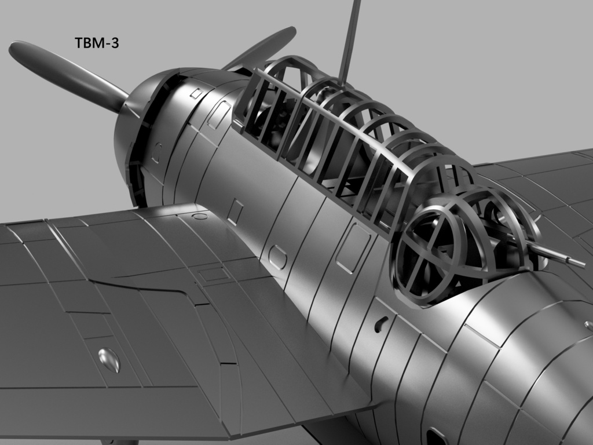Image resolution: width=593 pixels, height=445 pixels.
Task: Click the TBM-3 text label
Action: click(x=97, y=42)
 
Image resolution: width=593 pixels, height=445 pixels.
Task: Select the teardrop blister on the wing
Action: click(x=109, y=360)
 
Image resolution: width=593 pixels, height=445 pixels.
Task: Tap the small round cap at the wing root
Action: click(x=200, y=216)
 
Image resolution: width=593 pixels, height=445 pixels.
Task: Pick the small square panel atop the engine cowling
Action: click(x=196, y=93)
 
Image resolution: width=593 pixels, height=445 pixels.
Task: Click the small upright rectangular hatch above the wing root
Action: click(x=235, y=211)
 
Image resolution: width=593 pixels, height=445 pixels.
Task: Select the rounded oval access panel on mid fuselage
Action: click(x=277, y=257)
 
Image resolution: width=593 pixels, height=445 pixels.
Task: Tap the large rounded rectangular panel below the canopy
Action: click(x=353, y=248)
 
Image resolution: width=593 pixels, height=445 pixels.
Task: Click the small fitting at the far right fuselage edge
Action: click(x=589, y=326)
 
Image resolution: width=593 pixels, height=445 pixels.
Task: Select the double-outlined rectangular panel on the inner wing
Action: click(x=213, y=273)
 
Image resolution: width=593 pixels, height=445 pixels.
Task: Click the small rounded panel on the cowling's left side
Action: click(x=157, y=152)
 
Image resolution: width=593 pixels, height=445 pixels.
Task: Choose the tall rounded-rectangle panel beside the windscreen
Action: click(x=219, y=115)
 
